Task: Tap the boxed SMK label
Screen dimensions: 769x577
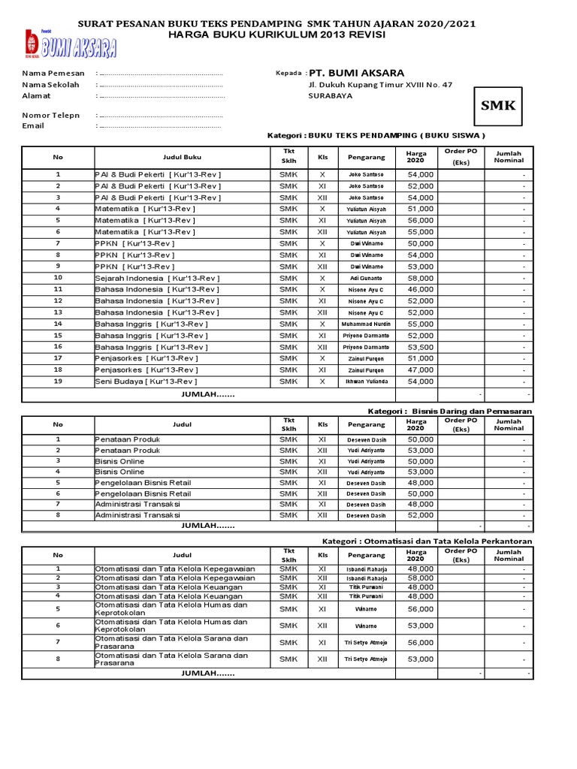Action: tap(498, 106)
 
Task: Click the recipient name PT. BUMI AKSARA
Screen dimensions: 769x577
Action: tap(357, 73)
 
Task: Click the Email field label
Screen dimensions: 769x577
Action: tap(33, 125)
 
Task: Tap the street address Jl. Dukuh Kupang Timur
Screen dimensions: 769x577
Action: tap(380, 86)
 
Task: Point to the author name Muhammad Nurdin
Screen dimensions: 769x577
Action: tap(367, 324)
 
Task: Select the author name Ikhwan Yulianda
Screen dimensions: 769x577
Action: tap(367, 381)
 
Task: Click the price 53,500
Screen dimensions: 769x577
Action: tap(420, 347)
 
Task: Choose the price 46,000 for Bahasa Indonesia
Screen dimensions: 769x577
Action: tap(420, 289)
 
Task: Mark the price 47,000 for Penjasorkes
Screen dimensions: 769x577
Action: tap(420, 370)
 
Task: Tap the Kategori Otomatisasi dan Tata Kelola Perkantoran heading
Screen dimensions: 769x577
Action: tap(427, 541)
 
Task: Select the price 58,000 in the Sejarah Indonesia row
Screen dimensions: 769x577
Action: tap(420, 278)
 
